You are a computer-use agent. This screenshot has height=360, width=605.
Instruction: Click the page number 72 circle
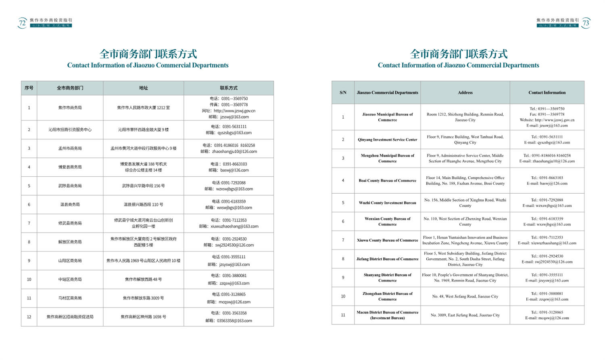coord(22,23)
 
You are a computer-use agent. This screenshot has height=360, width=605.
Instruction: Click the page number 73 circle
coord(586,23)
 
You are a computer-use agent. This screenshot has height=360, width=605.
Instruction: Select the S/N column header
coord(343,92)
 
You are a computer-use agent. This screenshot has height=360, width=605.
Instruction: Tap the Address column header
coord(465,92)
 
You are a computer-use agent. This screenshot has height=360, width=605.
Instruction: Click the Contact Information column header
coord(547,92)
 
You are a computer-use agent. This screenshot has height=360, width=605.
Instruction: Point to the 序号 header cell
coord(29,88)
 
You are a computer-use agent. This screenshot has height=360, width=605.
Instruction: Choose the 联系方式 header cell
coord(229,88)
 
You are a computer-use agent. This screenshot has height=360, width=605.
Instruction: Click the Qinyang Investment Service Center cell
coord(387,140)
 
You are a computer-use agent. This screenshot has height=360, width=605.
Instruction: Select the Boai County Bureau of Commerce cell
coord(387,180)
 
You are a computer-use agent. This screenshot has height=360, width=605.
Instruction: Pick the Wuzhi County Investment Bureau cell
coord(387,203)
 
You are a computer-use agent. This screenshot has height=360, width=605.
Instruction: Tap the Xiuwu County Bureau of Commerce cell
coord(387,240)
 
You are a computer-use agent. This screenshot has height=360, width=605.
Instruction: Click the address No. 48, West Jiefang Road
coord(465,296)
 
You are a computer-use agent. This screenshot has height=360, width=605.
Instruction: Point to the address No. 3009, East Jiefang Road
coord(465,315)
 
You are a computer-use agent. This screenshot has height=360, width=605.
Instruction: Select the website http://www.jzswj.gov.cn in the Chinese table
coord(234,111)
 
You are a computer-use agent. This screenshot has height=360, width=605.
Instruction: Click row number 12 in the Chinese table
coord(29,317)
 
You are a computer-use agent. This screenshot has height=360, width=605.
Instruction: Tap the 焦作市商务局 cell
coord(70,108)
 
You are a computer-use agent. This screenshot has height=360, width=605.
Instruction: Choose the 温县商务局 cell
coord(70,205)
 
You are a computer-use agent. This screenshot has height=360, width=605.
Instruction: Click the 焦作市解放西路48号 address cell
coord(143,279)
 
